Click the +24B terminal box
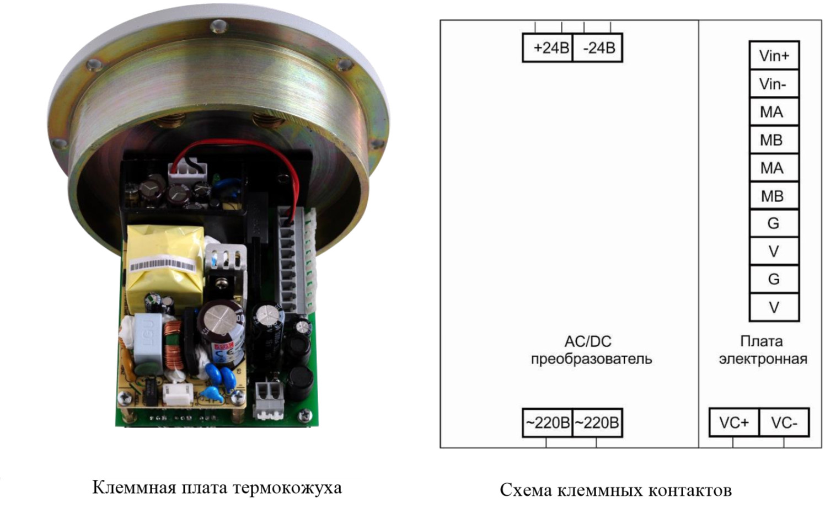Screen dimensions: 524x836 tap(548, 48)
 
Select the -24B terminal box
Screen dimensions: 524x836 tap(598, 48)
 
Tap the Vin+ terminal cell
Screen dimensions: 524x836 tap(774, 56)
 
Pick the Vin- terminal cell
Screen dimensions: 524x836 tap(774, 84)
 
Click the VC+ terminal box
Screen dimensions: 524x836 tap(733, 423)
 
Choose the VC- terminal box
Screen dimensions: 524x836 tap(784, 423)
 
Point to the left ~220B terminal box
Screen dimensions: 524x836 tap(547, 423)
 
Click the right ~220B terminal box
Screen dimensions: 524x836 tap(597, 423)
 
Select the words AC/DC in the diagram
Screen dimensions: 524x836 tap(588, 341)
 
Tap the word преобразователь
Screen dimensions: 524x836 tap(591, 359)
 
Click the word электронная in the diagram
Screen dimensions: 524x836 tap(763, 359)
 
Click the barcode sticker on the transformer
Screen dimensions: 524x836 tap(163, 266)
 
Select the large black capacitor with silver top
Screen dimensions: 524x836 tap(221, 325)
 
